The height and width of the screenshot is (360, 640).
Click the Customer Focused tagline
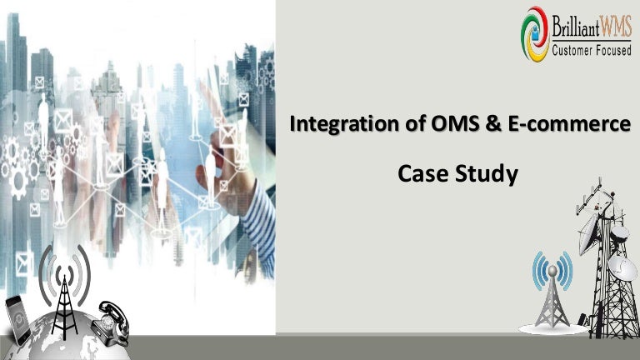coord(592,52)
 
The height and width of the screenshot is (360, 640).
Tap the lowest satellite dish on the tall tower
coord(621,267)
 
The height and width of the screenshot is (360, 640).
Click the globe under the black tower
coord(58,342)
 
